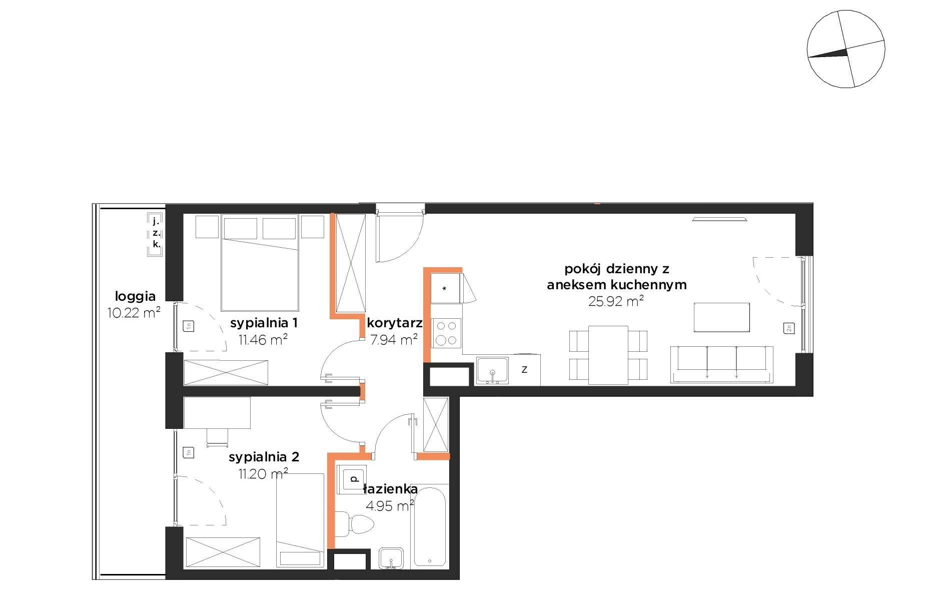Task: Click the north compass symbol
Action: [x=846, y=49]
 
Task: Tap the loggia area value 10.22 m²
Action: [x=134, y=313]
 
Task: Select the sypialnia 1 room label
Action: [x=264, y=323]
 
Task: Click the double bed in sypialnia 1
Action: [x=260, y=263]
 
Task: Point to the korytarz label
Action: [x=395, y=323]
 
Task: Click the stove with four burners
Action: [x=446, y=333]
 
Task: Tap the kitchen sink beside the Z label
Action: [x=492, y=370]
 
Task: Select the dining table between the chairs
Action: [x=608, y=355]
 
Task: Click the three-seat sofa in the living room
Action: [x=722, y=365]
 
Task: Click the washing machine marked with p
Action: [x=352, y=479]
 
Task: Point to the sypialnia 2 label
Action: [x=264, y=457]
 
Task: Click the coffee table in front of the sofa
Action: [x=721, y=317]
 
